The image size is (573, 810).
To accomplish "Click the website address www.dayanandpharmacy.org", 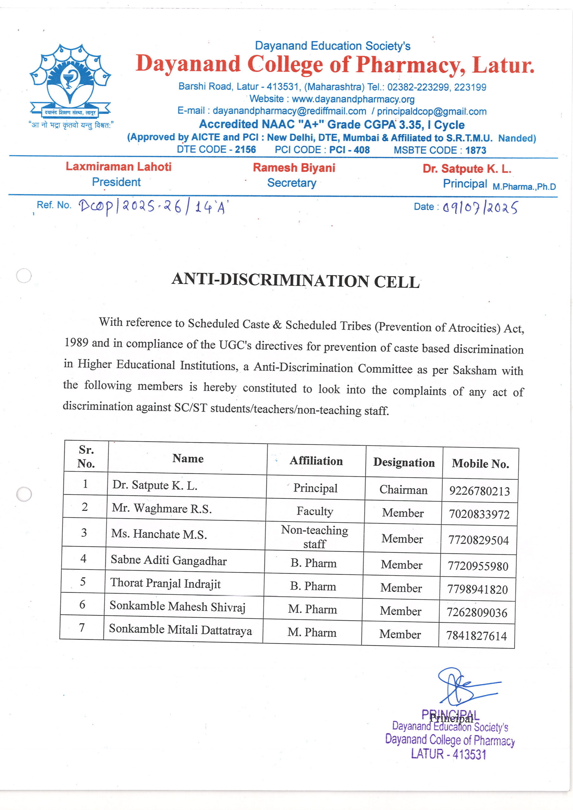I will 353,99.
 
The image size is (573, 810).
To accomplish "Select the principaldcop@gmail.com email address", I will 431,111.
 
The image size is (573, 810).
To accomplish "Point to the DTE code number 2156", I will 245,150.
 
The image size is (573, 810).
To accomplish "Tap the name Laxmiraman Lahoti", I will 118,166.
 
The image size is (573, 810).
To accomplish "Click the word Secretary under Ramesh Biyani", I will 292,183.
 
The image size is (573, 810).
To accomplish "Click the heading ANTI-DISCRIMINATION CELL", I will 295,281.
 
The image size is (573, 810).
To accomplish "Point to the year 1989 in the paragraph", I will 76,342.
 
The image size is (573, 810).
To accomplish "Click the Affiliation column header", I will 316,461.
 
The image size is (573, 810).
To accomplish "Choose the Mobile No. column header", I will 480,464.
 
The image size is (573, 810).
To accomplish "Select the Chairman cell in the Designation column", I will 403,490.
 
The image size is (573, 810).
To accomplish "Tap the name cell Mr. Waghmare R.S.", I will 162,508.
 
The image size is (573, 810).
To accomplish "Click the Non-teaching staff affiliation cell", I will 314,537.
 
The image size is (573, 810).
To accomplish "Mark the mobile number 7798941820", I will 477,589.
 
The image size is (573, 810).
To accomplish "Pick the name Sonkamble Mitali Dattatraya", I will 180,630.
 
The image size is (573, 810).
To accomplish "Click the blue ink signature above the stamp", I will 463,687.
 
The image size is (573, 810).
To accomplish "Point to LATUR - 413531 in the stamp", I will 448,754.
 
